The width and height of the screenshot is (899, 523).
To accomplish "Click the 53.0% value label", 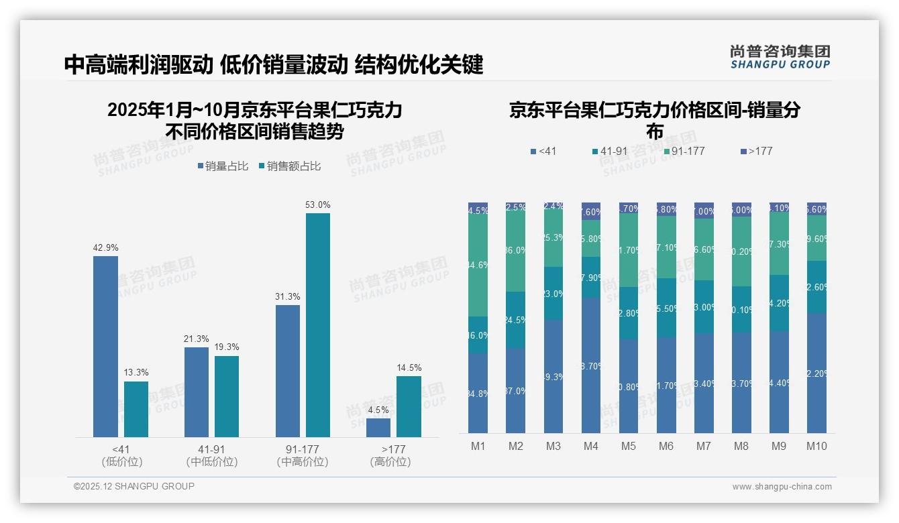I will [318, 205].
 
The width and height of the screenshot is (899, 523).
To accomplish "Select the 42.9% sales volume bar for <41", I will [105, 346].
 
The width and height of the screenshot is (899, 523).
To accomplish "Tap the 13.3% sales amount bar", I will [136, 409].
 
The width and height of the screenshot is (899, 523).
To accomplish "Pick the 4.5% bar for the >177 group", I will [378, 428].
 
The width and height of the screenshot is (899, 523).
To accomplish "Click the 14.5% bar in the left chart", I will [409, 406].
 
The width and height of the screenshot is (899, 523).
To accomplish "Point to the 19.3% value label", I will [227, 347].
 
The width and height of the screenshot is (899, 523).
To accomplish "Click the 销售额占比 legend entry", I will [289, 166].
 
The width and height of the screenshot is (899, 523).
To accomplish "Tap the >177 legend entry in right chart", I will [757, 152].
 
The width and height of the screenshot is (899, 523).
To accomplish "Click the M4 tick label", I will [591, 446].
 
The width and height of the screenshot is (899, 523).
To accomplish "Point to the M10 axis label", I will [816, 446].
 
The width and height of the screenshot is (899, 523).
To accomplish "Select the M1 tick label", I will [478, 446].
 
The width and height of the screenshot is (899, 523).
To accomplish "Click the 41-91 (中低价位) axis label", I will [211, 455].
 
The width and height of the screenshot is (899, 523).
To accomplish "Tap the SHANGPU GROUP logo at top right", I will [780, 57].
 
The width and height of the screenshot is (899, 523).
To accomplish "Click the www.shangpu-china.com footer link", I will [782, 487].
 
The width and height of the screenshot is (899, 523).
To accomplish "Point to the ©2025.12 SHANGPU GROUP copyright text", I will [134, 486].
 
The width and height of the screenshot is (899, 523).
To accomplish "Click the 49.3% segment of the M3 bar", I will [553, 376].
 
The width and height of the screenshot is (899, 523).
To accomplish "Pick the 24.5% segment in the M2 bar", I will [516, 320].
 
